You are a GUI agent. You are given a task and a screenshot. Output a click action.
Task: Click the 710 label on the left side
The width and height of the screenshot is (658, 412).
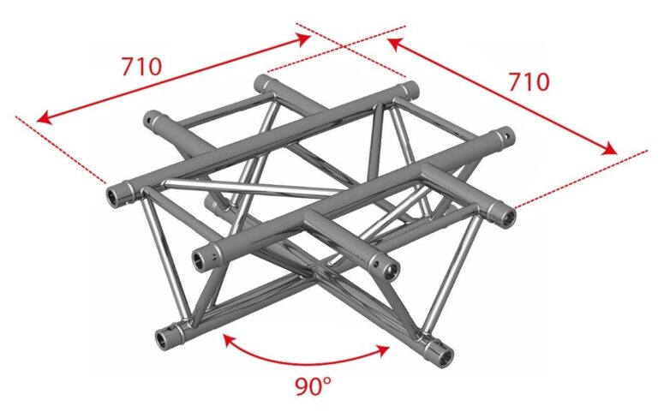click(x=141, y=67)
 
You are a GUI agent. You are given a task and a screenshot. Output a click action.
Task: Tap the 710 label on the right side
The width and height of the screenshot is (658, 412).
click(x=529, y=82)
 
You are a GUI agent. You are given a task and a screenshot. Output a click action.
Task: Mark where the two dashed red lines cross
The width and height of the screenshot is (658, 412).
click(x=344, y=47)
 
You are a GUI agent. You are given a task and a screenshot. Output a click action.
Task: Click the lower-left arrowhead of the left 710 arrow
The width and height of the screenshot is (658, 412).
click(x=43, y=119)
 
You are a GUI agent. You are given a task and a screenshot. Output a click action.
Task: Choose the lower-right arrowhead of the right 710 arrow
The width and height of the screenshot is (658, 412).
click(x=610, y=149)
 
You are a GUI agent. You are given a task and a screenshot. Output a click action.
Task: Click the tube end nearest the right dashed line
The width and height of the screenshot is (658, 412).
click(x=507, y=217)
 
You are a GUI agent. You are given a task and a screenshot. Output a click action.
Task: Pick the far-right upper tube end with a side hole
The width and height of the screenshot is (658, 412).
click(x=505, y=137)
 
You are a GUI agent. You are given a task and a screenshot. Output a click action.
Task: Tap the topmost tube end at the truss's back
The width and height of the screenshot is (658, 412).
click(x=262, y=82)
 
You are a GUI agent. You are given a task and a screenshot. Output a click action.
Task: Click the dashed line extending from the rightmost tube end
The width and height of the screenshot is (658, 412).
click(x=582, y=179)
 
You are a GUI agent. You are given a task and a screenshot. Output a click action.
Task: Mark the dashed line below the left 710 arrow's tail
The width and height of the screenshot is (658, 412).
click(x=61, y=150)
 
